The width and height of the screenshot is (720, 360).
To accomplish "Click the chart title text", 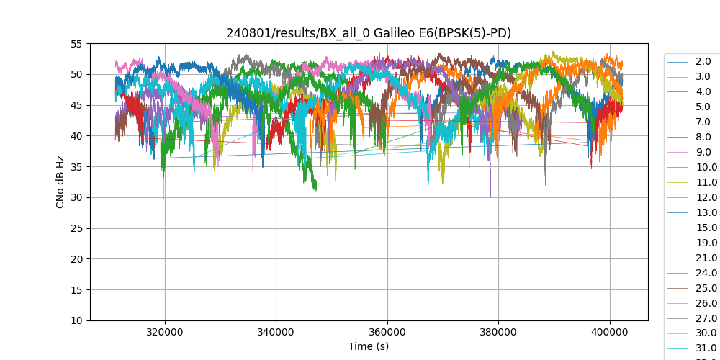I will (369, 33).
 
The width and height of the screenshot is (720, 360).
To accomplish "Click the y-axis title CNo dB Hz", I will (60, 182).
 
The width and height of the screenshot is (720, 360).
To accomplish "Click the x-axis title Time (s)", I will (369, 346).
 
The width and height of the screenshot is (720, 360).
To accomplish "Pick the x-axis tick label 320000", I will (165, 332).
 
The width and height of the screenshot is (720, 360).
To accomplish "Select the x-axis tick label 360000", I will (387, 332).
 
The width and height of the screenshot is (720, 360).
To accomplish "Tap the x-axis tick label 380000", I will (499, 332).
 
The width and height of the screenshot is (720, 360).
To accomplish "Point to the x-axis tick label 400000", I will (610, 332).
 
